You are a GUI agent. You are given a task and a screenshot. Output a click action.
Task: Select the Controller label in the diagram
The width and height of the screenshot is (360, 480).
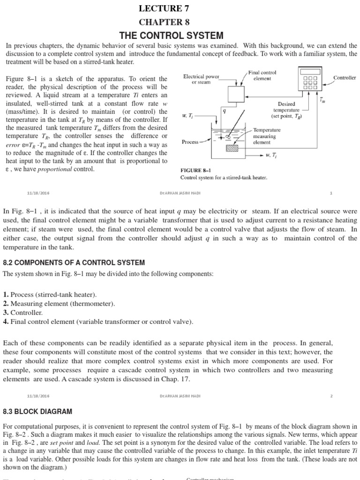(x=344, y=77)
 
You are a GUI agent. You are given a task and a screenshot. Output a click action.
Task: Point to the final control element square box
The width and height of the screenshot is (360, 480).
(x=237, y=94)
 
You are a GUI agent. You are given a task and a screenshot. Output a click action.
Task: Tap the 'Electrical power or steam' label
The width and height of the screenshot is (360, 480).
(x=201, y=79)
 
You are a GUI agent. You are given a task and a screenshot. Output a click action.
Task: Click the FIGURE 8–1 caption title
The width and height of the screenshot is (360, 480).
(x=196, y=171)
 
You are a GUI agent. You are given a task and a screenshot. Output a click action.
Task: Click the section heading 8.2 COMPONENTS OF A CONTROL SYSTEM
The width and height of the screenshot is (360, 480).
(x=74, y=262)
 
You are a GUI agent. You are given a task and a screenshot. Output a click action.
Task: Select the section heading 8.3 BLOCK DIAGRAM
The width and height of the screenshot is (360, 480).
(x=38, y=411)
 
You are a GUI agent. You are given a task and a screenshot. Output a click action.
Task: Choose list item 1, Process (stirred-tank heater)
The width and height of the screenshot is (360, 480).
(x=50, y=294)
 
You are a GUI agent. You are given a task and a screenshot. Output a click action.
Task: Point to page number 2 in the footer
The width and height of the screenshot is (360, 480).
(x=331, y=396)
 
